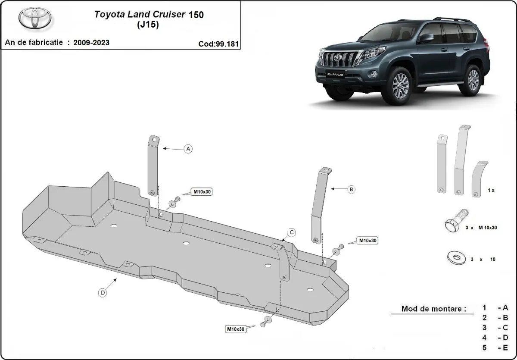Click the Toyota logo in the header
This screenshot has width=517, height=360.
coord(34,18)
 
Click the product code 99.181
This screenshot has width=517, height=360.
coord(218,44)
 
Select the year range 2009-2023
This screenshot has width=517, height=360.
coord(91,42)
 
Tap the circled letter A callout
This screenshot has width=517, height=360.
coord(188,149)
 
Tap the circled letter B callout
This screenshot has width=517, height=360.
coord(351,189)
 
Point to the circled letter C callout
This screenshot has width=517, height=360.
coord(292,233)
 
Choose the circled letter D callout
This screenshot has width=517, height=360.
coord(103,293)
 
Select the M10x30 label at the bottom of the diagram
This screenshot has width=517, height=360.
coord(236,329)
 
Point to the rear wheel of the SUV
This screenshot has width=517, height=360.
coord(473,80)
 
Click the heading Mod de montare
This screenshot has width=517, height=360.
coord(433,309)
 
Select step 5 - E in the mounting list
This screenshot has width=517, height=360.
coord(495,347)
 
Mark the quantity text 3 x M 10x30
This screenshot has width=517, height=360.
coord(481,227)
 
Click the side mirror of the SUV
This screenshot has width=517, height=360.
coord(425,38)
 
